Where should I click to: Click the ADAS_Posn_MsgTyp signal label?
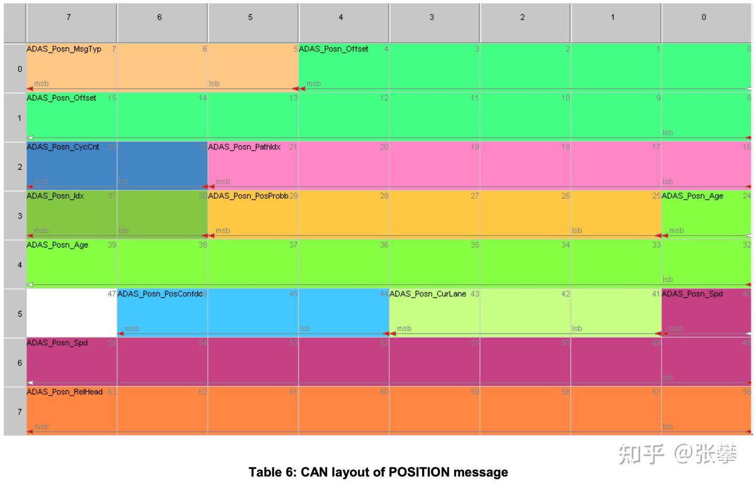[x=64, y=49]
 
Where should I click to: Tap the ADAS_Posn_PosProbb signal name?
[x=248, y=196]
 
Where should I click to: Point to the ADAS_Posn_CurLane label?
[x=427, y=294]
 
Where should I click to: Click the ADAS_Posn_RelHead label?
[x=65, y=392]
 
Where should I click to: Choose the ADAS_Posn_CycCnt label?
[x=62, y=147]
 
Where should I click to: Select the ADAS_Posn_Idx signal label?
[x=55, y=196]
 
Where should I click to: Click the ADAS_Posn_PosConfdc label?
[x=160, y=294]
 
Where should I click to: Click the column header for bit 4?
[x=341, y=17]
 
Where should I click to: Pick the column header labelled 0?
[x=703, y=17]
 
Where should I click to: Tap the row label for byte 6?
[x=19, y=363]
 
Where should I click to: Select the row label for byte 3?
[x=19, y=216]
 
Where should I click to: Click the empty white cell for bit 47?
[x=71, y=314]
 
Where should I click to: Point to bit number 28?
[x=384, y=196]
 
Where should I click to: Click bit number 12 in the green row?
[x=384, y=98]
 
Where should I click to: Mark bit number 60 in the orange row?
[x=384, y=392]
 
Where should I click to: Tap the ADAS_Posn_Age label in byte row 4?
[x=57, y=245]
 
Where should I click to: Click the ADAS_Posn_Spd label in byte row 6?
[x=57, y=343]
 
